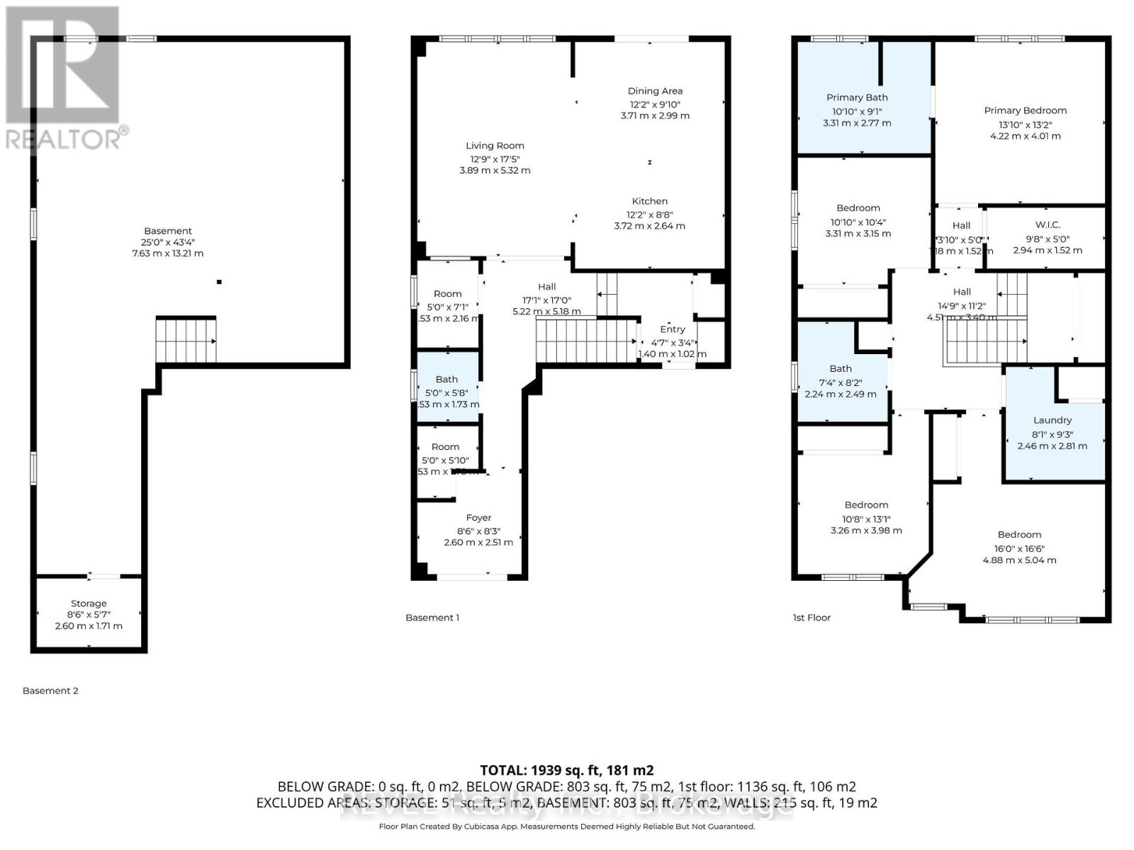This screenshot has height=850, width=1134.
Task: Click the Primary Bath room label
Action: (x=857, y=98)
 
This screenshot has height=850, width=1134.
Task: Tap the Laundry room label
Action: (x=1052, y=420)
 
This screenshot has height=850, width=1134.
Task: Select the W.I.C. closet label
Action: (x=1047, y=225)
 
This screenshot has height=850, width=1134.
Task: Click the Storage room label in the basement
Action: (x=89, y=603)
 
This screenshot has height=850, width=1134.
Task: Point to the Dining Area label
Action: (x=655, y=91)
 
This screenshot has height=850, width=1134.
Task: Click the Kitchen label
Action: (x=650, y=201)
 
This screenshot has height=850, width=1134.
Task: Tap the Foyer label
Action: (x=478, y=518)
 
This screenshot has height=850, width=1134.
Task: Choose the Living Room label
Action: (x=495, y=146)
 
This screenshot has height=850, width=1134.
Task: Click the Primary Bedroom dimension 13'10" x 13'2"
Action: (x=1025, y=124)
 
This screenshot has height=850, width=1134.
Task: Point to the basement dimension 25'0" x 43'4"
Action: (x=168, y=242)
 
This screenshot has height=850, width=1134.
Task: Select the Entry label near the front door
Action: (x=672, y=329)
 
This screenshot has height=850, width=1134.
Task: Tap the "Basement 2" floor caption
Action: (x=50, y=691)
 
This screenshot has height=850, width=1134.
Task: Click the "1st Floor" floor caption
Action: (x=812, y=618)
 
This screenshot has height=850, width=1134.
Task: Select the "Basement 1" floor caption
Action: (x=432, y=618)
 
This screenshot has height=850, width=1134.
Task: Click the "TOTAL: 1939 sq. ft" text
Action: (x=566, y=770)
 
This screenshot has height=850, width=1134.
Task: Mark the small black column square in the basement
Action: (x=219, y=283)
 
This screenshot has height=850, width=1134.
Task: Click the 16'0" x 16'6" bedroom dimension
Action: (x=1019, y=548)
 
